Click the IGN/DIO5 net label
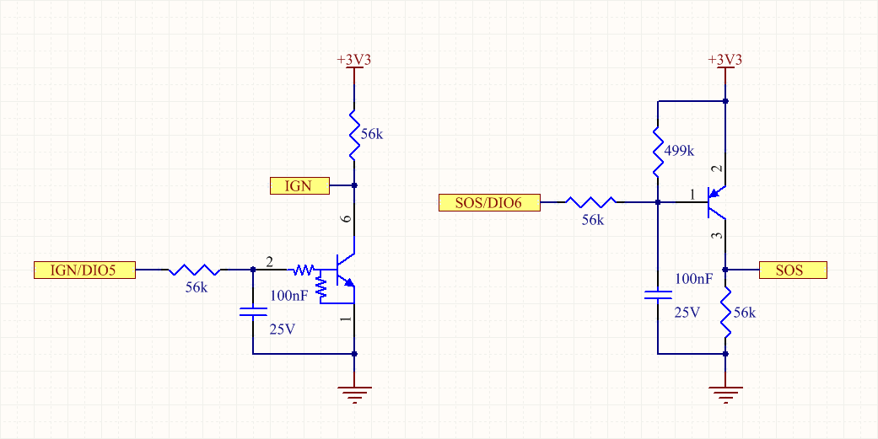pos(84,270)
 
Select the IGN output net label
pos(299,185)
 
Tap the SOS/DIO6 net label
pos(489,202)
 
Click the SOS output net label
pos(793,270)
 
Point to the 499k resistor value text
pos(679,151)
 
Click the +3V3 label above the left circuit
pos(354,61)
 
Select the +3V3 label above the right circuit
pos(725,61)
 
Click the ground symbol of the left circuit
pos(354,394)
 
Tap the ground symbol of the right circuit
pos(725,394)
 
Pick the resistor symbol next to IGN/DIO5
pos(194,270)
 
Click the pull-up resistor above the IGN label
pos(354,135)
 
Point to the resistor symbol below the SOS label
pos(725,312)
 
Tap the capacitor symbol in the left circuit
pos(253,312)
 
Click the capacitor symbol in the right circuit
pos(658,295)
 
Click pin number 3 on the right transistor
pos(719,236)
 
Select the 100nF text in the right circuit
pos(693,279)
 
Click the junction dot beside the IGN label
pos(354,185)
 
